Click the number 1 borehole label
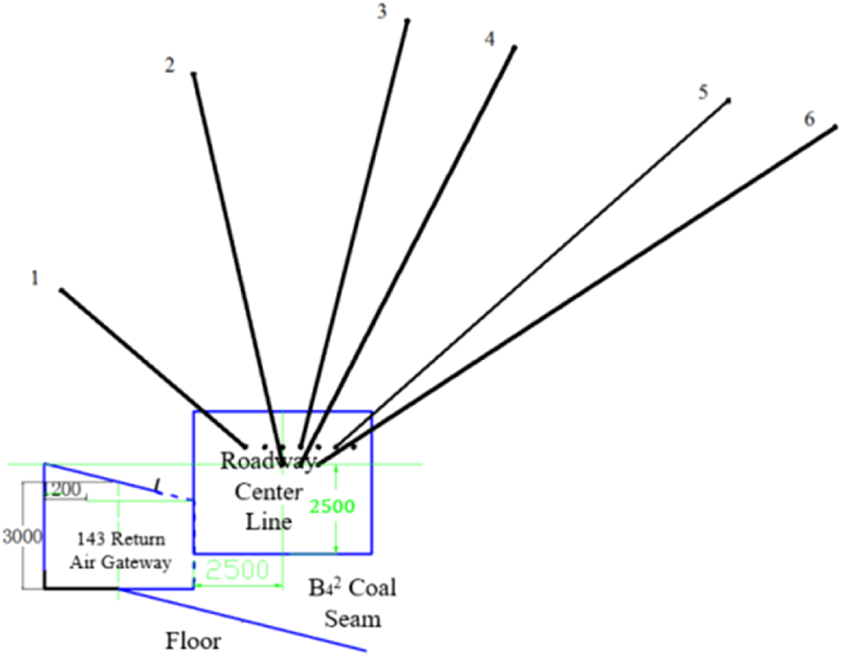pyautogui.click(x=35, y=278)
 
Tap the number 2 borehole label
pyautogui.click(x=169, y=65)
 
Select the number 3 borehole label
pyautogui.click(x=382, y=11)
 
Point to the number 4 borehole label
pyautogui.click(x=490, y=39)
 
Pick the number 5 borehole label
pyautogui.click(x=703, y=92)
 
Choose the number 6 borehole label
pyautogui.click(x=809, y=119)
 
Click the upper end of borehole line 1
pyautogui.click(x=61, y=291)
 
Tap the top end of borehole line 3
pyautogui.click(x=407, y=21)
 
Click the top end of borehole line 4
pyautogui.click(x=514, y=48)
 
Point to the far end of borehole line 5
pyautogui.click(x=729, y=101)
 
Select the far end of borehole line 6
pyautogui.click(x=835, y=127)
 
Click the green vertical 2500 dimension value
pyautogui.click(x=332, y=507)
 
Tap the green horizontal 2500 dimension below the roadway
pyautogui.click(x=237, y=570)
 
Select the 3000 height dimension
pyautogui.click(x=22, y=536)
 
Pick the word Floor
pyautogui.click(x=193, y=641)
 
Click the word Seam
pyautogui.click(x=353, y=619)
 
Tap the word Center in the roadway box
pyautogui.click(x=268, y=492)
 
